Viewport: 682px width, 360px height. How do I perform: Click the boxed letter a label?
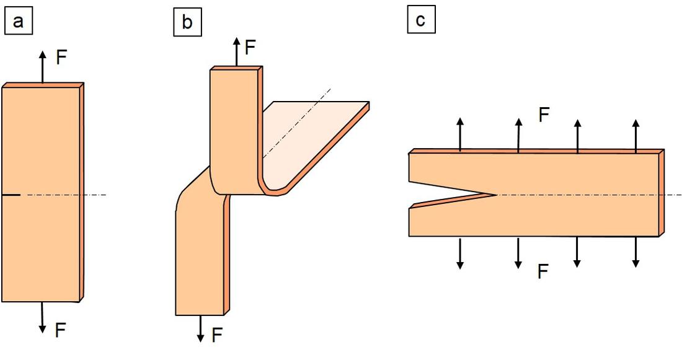18,22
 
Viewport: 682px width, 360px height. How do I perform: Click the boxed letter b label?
187,23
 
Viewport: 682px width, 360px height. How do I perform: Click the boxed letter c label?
421,20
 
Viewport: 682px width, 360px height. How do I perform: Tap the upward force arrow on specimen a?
42,67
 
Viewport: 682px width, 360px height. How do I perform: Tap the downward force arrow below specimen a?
42,317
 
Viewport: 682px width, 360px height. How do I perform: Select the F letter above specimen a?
61,58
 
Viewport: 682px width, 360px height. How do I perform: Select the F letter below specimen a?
60,330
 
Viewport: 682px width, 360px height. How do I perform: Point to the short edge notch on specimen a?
11,195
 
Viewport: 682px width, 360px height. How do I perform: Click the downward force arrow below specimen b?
200,328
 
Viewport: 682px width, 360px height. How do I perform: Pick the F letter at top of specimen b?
250,47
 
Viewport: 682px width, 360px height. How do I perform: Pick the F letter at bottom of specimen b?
217,335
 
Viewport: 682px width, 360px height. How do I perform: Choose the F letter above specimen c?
544,115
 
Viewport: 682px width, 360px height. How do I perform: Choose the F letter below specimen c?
543,271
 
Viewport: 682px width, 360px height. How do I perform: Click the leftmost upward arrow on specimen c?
460,134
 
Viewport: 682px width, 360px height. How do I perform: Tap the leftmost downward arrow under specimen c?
460,253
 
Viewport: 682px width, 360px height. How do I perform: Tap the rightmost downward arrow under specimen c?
635,252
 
